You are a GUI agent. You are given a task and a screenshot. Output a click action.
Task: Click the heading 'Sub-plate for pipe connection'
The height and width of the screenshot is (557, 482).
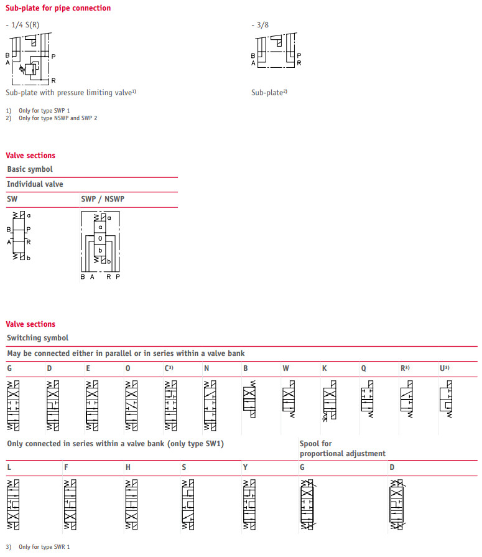point(58,8)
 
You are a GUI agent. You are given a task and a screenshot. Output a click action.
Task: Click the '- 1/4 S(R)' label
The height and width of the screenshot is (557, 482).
point(23,25)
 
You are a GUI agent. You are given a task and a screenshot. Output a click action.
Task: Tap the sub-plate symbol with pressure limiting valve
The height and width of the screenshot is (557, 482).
point(31,60)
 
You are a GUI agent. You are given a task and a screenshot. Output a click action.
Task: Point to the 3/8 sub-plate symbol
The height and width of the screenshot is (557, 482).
point(277,51)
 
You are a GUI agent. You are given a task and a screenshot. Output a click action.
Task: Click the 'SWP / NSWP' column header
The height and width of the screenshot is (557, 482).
point(103,199)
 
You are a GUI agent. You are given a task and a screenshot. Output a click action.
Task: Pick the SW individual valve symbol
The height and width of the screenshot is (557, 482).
point(19,236)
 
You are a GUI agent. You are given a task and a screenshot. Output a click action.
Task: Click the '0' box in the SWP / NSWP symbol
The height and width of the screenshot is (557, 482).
point(100,238)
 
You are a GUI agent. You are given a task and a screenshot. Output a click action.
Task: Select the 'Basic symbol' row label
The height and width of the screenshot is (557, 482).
point(30,169)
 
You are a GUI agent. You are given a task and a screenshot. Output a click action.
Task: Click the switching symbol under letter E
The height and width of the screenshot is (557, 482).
point(92,405)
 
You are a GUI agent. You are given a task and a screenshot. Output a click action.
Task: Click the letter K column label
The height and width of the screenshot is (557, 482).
point(325,368)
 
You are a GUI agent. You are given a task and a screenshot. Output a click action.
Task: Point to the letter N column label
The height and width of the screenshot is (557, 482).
point(206,368)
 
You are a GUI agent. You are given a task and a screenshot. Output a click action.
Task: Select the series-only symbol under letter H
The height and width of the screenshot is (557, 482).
point(132,505)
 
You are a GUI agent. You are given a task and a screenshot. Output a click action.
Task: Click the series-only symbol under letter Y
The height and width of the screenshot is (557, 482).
point(249,505)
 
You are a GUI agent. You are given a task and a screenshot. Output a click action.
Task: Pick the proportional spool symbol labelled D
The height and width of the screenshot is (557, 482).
point(397,505)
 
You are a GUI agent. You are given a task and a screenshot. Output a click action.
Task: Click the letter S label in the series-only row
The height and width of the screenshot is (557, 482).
point(184,467)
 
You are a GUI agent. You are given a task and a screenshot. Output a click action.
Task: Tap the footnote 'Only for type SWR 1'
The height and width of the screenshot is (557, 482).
point(44,547)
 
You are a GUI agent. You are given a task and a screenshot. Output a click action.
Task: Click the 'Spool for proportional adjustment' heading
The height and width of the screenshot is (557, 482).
point(342,449)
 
